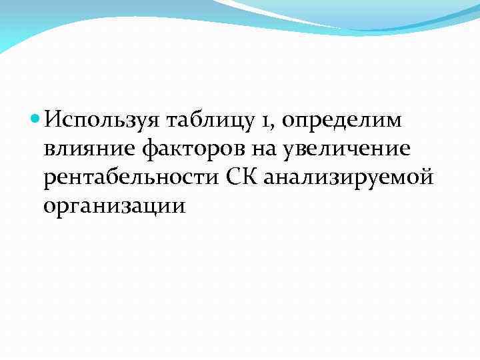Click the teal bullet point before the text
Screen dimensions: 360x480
(x=36, y=120)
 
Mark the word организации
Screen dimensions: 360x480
(x=113, y=207)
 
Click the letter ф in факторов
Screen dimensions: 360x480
(x=149, y=151)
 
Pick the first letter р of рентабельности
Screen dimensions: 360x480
(x=49, y=181)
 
